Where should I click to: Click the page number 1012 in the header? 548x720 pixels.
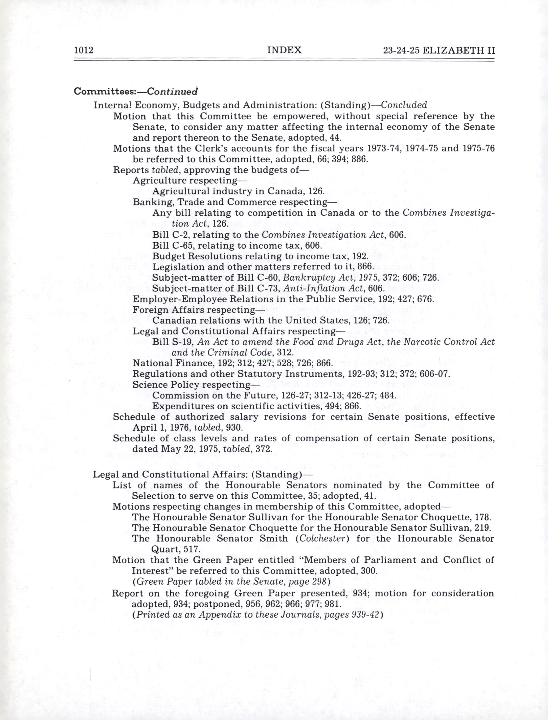(x=84, y=50)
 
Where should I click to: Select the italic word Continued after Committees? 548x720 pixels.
(x=172, y=91)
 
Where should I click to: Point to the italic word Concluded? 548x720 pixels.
(x=404, y=105)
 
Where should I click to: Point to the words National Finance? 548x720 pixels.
(x=169, y=363)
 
